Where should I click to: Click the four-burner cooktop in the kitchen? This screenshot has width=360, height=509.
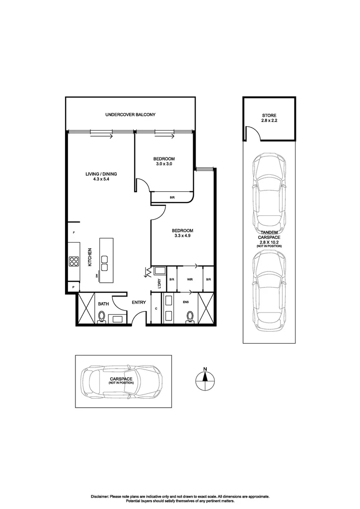[74, 261]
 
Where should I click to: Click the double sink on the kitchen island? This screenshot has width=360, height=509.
[104, 263]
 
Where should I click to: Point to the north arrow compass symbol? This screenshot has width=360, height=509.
[205, 378]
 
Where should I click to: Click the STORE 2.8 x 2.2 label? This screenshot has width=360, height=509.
[270, 118]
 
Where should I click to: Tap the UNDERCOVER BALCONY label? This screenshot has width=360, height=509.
[130, 115]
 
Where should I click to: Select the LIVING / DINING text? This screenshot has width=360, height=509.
[101, 174]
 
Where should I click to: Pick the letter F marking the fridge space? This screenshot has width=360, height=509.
[74, 233]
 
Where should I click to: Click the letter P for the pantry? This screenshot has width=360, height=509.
[74, 287]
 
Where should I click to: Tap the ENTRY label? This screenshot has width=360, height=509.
[139, 303]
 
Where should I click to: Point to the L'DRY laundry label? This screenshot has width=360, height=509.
[159, 283]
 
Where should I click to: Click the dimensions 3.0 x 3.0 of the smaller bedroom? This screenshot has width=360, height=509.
[164, 164]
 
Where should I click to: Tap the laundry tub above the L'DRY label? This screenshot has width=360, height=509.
[159, 271]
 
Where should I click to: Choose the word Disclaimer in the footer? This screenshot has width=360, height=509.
[100, 496]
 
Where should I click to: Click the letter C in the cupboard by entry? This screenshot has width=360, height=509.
[156, 309]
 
